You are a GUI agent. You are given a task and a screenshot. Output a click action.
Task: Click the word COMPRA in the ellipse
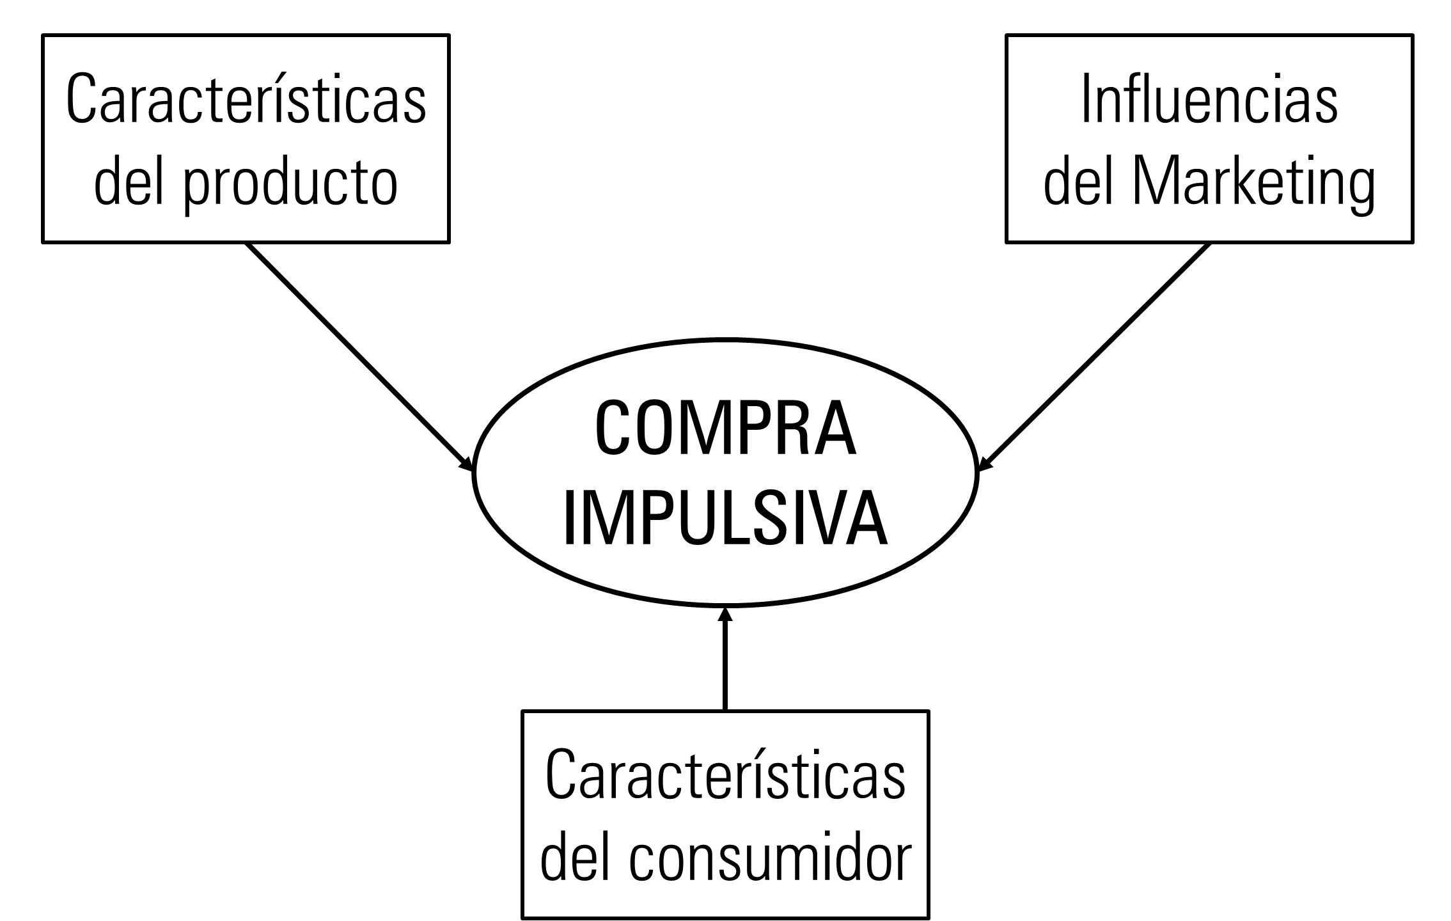pyautogui.click(x=725, y=428)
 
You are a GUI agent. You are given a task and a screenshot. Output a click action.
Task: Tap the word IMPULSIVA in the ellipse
pyautogui.click(x=725, y=519)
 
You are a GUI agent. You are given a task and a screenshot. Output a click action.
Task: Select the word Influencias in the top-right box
pyautogui.click(x=1209, y=101)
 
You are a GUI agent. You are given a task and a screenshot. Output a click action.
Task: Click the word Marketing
pyautogui.click(x=1253, y=183)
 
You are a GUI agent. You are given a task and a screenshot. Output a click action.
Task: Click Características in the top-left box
pyautogui.click(x=246, y=101)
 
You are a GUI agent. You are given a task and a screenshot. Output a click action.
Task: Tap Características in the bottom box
pyautogui.click(x=725, y=776)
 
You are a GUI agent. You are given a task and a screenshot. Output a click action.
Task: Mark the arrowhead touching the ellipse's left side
pyautogui.click(x=467, y=465)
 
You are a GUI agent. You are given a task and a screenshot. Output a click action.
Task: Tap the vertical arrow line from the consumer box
pyautogui.click(x=725, y=665)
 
